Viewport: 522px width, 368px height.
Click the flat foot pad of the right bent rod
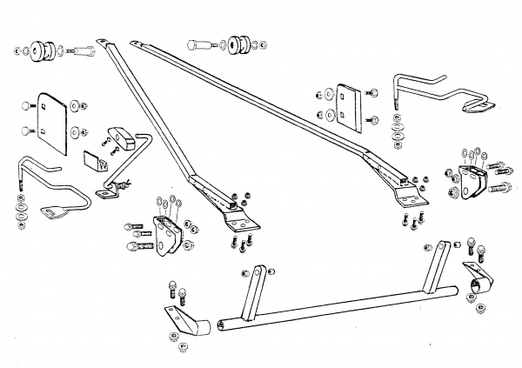pos(476,106)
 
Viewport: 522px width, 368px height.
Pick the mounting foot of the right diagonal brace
pos(412,199)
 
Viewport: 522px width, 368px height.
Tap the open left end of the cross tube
pos(223,325)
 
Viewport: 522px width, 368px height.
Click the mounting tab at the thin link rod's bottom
pos(109,191)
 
